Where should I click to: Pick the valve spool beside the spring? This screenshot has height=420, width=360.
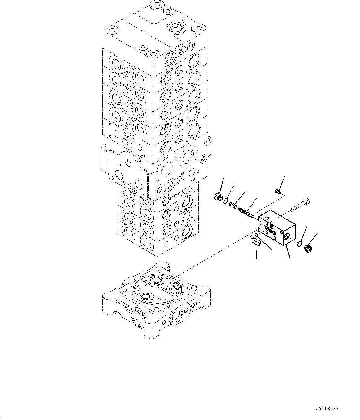click(x=246, y=213)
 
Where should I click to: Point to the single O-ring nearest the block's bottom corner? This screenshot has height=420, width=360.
click(x=257, y=236)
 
